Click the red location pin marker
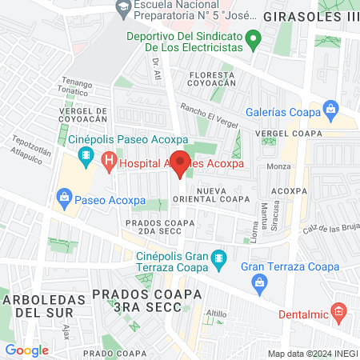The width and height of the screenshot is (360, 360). [x=180, y=162]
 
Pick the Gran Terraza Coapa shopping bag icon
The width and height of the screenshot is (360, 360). [x=258, y=282]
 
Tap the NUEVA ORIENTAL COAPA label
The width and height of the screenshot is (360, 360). [x=223, y=195]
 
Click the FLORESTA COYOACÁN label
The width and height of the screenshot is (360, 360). [x=211, y=77]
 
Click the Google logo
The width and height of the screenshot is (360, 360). [x=27, y=350]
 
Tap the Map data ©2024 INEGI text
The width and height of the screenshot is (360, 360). [x=311, y=354]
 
